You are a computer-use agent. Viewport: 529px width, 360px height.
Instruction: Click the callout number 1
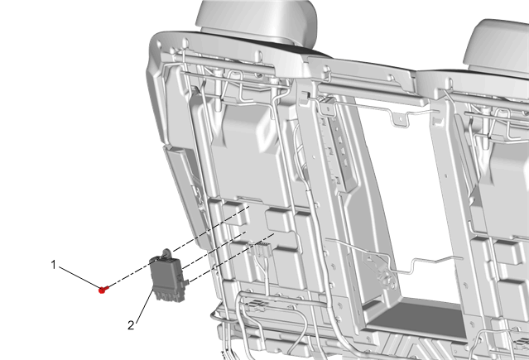[53, 265]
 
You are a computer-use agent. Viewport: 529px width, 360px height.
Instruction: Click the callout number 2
[131, 325]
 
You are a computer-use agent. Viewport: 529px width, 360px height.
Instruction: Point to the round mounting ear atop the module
[167, 252]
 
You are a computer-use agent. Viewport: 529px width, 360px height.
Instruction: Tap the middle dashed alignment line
[214, 251]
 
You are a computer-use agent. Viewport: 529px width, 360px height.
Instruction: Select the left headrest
[257, 21]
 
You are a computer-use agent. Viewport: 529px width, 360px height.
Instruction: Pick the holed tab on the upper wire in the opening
[400, 120]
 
